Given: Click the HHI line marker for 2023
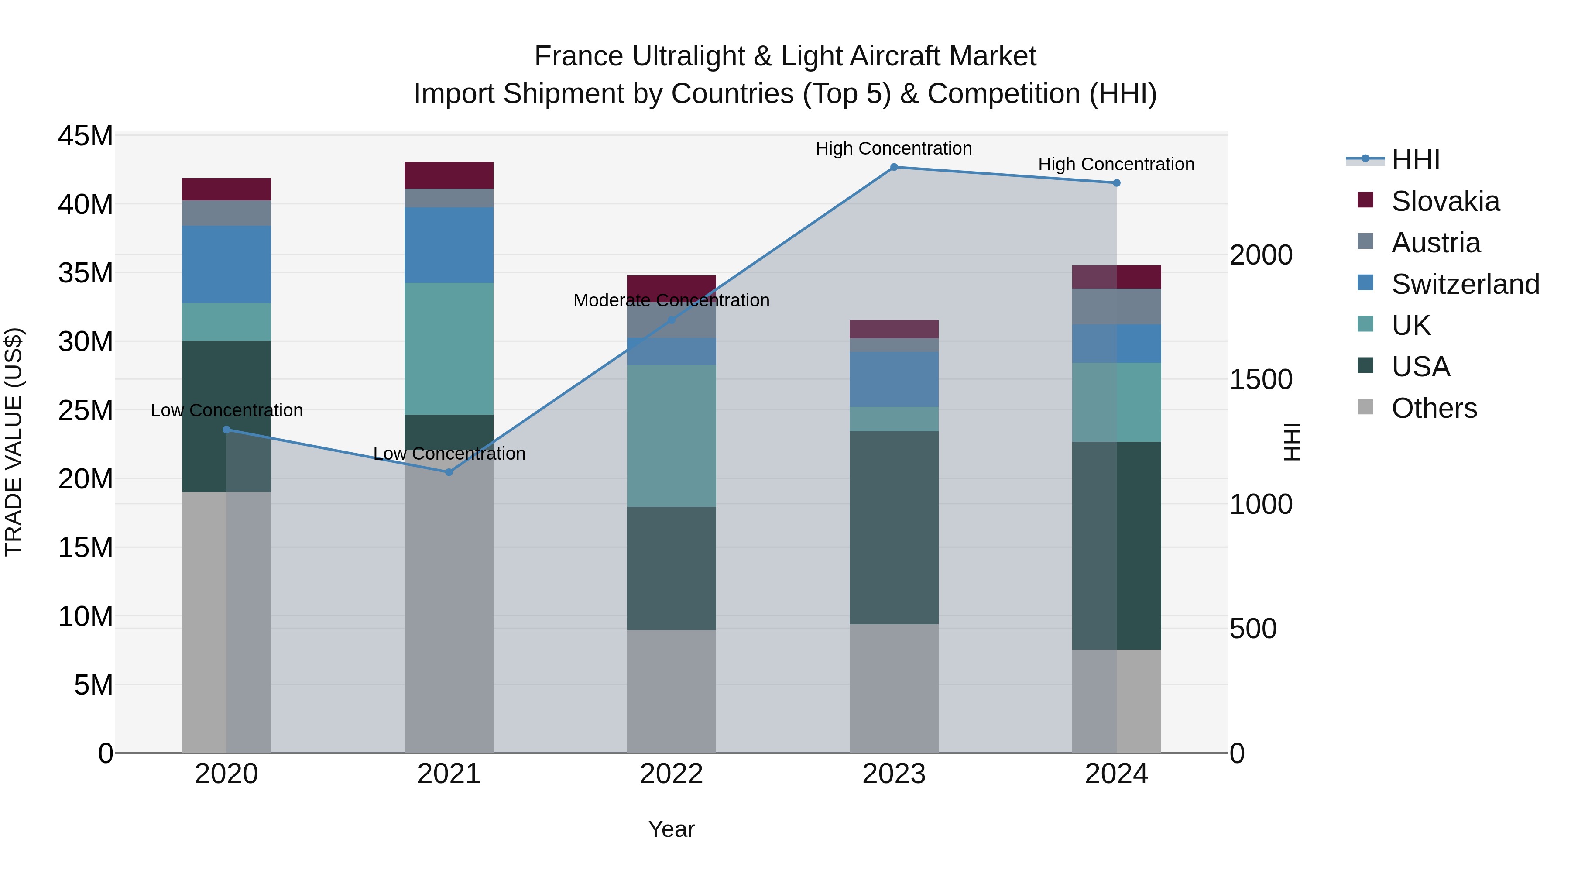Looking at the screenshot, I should click(x=894, y=167).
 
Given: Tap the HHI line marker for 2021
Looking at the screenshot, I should click(x=449, y=472).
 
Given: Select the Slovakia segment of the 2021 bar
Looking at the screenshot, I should click(x=449, y=175).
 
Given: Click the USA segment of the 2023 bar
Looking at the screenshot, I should click(x=894, y=528).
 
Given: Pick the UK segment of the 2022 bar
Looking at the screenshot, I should click(x=672, y=436).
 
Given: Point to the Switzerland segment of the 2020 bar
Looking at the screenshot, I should click(x=226, y=264).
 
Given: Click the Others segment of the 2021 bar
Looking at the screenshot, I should click(x=449, y=610).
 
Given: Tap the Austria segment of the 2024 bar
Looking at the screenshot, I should click(x=1117, y=306).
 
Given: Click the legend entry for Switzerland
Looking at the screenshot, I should click(x=1465, y=284).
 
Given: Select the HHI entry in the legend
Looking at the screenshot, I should click(x=1415, y=160).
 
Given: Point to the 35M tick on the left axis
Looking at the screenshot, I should click(x=86, y=273).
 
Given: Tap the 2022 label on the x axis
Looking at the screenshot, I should click(x=672, y=774).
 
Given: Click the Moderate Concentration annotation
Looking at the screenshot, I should click(x=672, y=300).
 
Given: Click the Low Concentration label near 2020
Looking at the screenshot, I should click(x=226, y=411).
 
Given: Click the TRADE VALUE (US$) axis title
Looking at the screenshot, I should click(x=14, y=442).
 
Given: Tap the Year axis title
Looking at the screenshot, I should click(x=672, y=829).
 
